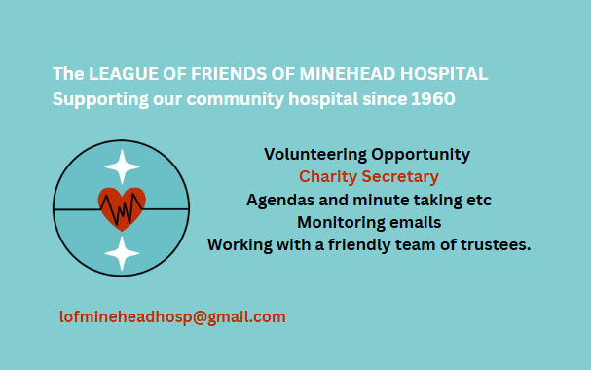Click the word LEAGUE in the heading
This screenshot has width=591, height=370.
(124, 74)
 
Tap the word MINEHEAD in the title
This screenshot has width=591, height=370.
(347, 74)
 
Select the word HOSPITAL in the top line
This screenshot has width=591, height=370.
(444, 74)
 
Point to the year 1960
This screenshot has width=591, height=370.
(433, 99)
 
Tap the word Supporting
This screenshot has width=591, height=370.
(100, 100)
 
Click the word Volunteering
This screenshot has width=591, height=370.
(315, 155)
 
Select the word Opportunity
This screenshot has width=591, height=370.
(421, 155)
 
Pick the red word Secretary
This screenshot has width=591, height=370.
(400, 177)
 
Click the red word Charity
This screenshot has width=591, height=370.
(328, 177)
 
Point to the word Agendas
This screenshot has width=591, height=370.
(280, 201)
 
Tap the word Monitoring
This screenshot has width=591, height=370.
(341, 223)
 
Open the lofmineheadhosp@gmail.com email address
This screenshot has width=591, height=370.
(172, 317)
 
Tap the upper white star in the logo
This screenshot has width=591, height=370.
(122, 166)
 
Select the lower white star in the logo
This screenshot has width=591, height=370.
(122, 253)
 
